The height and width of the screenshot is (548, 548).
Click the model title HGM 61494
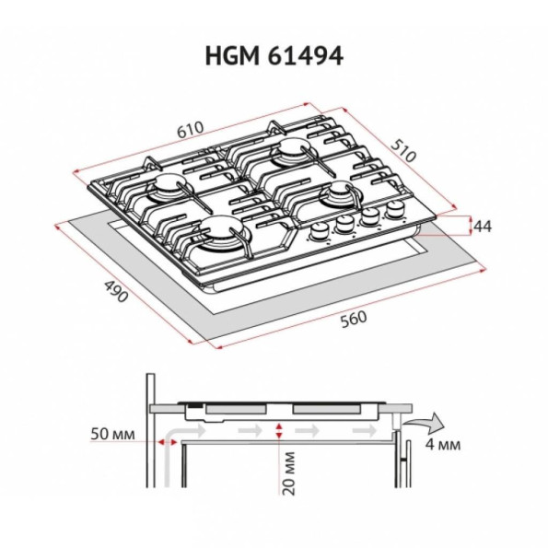[274, 56]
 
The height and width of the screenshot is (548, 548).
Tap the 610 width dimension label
[190, 130]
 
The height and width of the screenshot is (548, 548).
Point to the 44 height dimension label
[483, 227]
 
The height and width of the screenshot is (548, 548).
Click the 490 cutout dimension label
[116, 291]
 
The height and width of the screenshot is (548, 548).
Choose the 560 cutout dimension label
[354, 320]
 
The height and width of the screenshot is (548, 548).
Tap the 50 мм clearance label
[112, 435]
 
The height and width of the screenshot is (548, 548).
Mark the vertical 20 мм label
[289, 473]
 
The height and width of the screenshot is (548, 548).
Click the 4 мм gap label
[443, 445]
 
